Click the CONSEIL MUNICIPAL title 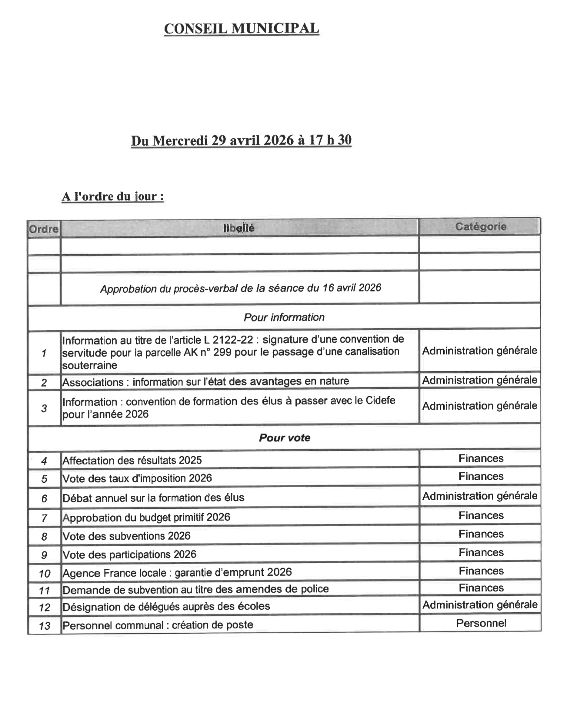tap(241, 28)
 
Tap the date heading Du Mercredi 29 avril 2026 tap(241, 140)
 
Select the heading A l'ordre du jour tap(113, 196)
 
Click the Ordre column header tap(44, 229)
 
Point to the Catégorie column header tap(480, 226)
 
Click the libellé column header tap(239, 228)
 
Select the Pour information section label tap(284, 317)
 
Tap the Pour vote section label tap(284, 438)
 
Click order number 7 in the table tap(44, 518)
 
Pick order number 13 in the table tap(44, 626)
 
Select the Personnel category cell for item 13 tap(481, 623)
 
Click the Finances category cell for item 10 tap(481, 571)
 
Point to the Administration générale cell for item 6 tap(480, 496)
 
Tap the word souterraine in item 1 tap(90, 365)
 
